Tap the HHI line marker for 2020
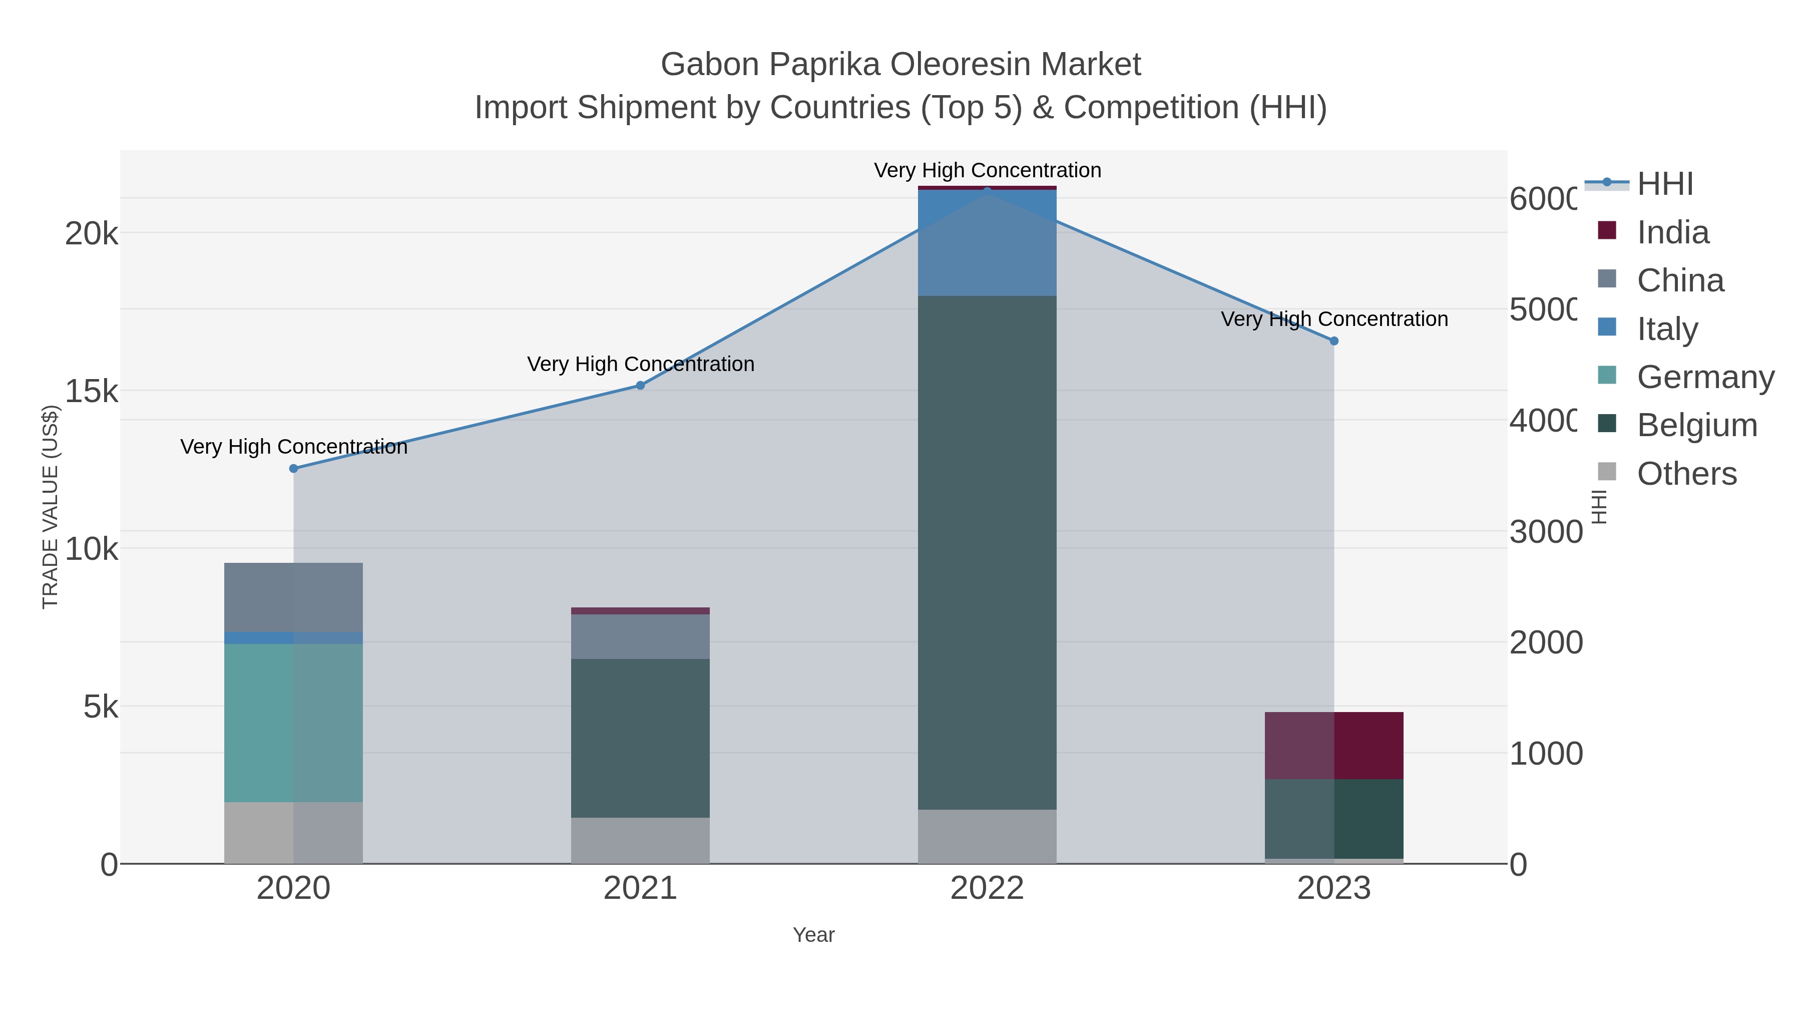click(x=294, y=468)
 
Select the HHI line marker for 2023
click(x=1333, y=341)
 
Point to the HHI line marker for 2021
click(x=640, y=386)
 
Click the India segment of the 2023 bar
click(x=1333, y=745)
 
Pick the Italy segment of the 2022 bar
click(x=987, y=242)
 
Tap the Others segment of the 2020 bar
click(x=293, y=832)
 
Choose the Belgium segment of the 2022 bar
click(x=987, y=552)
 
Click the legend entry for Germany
click(x=1705, y=377)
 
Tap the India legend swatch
click(x=1607, y=231)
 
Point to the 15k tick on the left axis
click(x=92, y=391)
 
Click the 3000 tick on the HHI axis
click(x=1545, y=532)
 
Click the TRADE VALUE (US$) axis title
click(x=51, y=507)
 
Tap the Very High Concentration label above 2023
click(x=1334, y=319)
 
